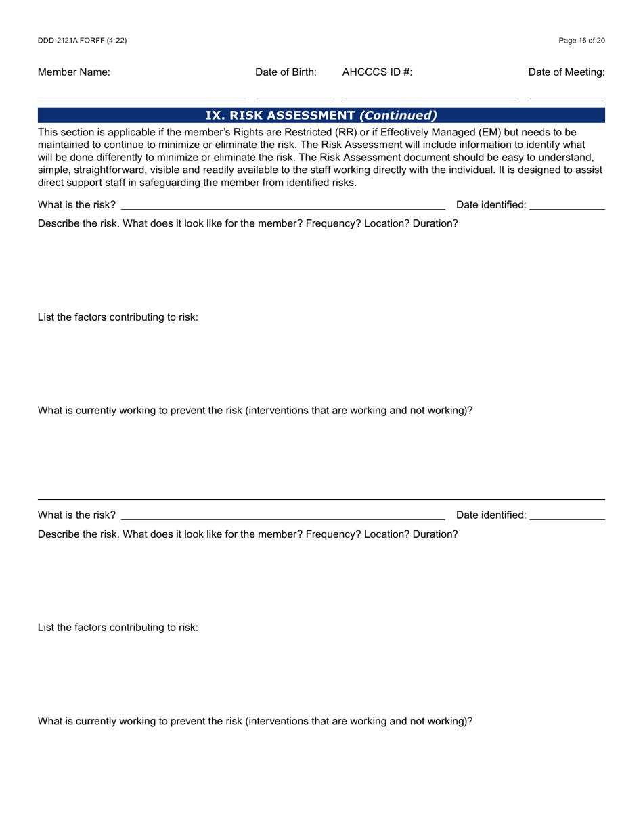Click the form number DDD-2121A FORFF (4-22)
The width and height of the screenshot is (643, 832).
click(82, 41)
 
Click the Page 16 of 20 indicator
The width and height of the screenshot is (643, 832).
click(581, 41)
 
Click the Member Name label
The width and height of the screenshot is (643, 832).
click(74, 72)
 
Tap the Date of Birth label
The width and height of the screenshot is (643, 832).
click(286, 72)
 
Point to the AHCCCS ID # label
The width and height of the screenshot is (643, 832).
click(377, 72)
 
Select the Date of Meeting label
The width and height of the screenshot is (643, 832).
click(567, 72)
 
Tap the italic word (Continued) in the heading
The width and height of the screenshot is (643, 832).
click(398, 116)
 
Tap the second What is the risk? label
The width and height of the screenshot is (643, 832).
click(76, 515)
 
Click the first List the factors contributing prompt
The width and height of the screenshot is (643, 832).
click(118, 317)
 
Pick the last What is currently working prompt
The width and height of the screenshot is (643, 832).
click(254, 721)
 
